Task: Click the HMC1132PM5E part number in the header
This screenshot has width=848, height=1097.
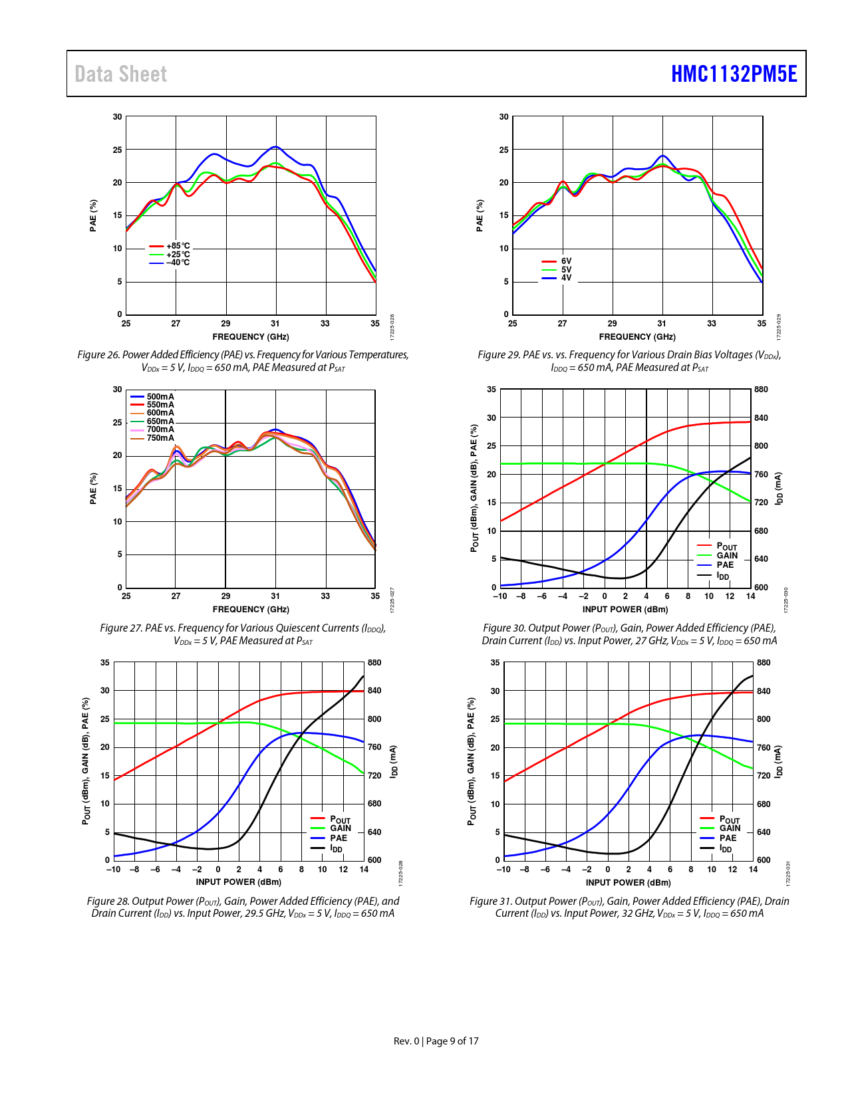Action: pos(734,74)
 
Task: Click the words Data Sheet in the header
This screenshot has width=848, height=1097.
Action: pos(120,74)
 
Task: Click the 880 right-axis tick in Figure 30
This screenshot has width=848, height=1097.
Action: pos(761,390)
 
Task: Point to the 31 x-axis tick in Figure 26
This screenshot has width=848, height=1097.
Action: pos(275,324)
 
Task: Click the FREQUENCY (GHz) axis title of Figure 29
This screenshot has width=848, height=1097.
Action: pos(637,337)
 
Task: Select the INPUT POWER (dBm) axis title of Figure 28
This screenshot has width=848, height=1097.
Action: pos(238,882)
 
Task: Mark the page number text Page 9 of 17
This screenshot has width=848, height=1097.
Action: pos(452,1041)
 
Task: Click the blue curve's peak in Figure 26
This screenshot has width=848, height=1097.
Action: pos(275,146)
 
